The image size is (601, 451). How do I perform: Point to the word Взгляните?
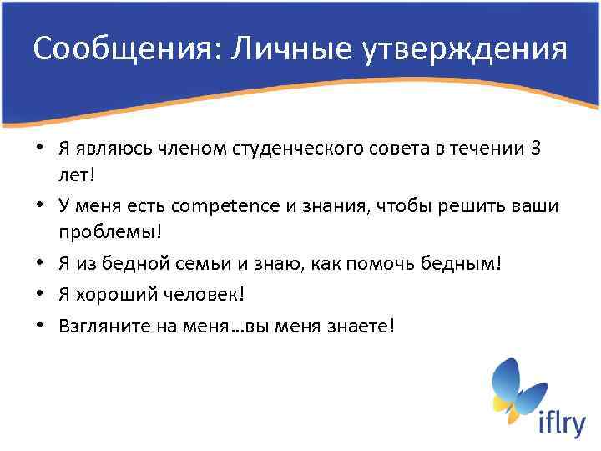click(x=98, y=325)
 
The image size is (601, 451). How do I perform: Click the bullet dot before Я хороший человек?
click(x=42, y=294)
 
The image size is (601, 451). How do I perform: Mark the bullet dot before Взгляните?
click(x=42, y=325)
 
